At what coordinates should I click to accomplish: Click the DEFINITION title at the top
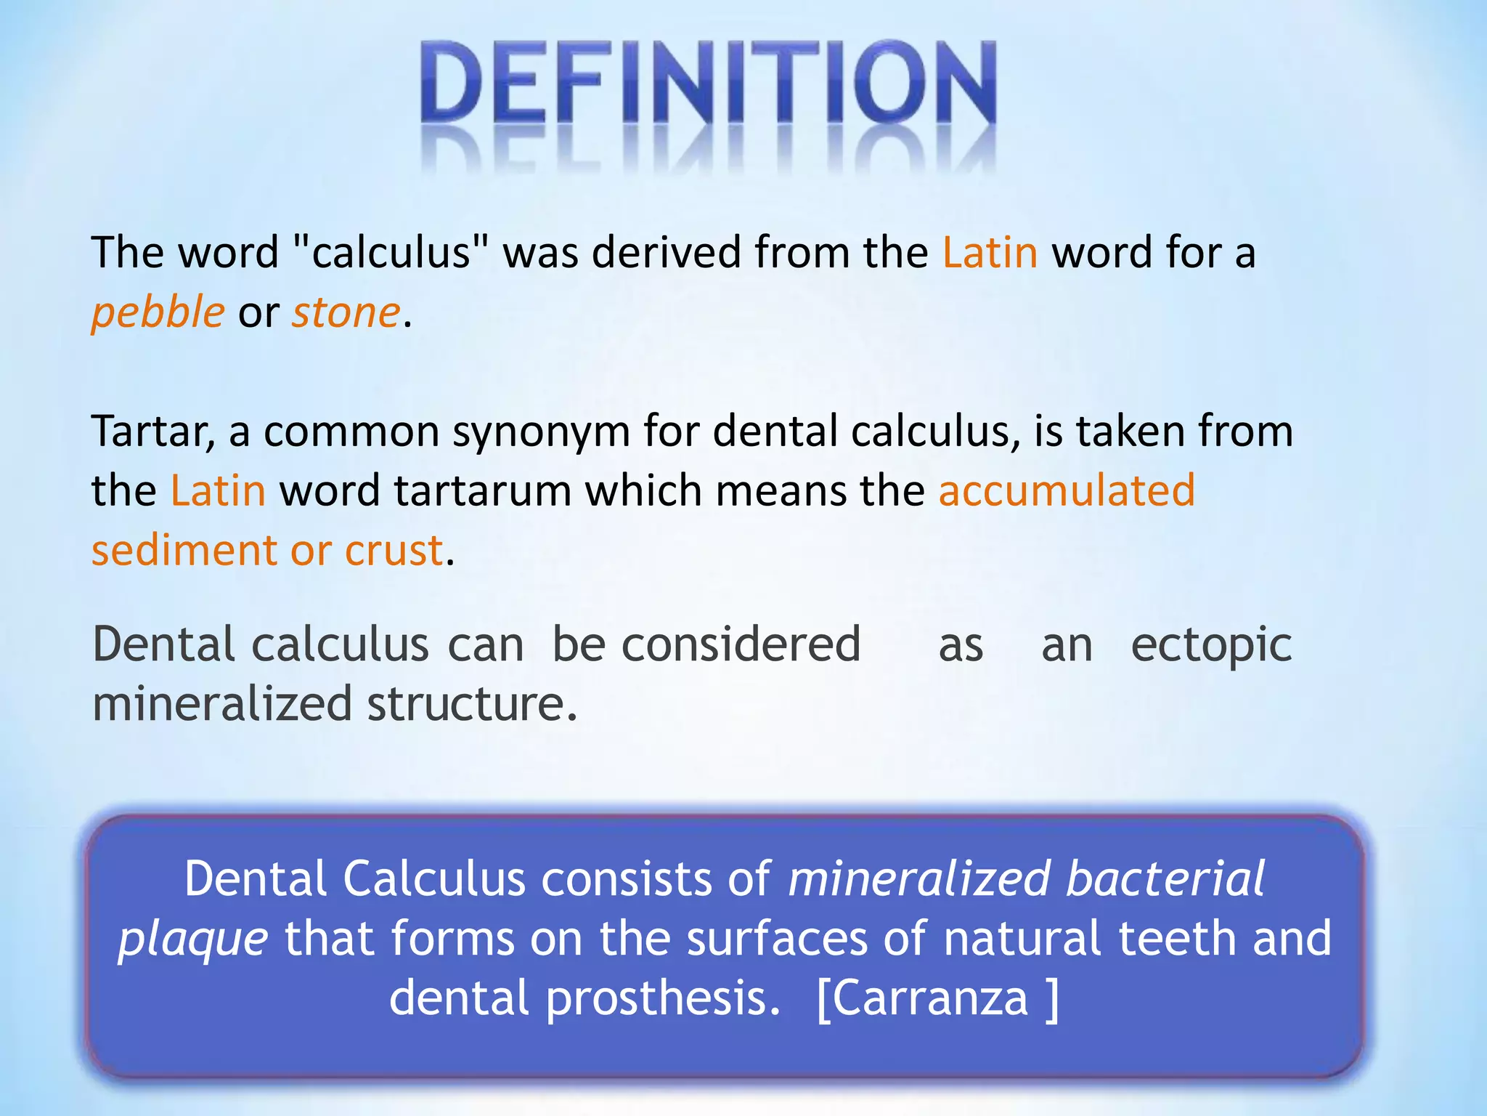[x=708, y=84]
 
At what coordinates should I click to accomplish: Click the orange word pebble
[x=158, y=313]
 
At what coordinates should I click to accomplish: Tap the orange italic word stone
[x=346, y=313]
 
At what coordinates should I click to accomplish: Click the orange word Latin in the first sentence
[x=990, y=253]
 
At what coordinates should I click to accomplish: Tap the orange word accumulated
[x=1067, y=491]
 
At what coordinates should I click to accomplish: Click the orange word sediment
[x=184, y=550]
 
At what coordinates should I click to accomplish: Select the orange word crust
[x=394, y=551]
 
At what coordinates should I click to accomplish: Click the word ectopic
[x=1211, y=645]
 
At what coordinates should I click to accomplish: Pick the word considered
[x=741, y=644]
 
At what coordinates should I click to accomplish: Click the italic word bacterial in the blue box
[x=1165, y=879]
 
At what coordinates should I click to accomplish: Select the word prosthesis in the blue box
[x=656, y=998]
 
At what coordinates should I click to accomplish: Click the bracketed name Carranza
[x=936, y=998]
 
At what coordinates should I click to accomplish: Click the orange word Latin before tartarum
[x=218, y=491]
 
